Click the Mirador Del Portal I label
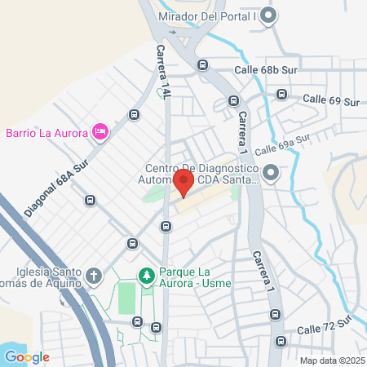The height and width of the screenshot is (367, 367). click(x=219, y=16)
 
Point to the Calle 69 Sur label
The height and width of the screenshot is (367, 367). click(x=331, y=100)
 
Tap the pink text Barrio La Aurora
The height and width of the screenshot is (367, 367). click(x=46, y=132)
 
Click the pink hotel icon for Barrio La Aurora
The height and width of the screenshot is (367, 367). click(x=100, y=131)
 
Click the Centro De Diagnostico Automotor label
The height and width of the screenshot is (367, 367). click(x=197, y=174)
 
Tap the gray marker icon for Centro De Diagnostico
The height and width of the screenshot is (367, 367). click(x=271, y=172)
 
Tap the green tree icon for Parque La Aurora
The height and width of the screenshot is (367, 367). click(x=147, y=276)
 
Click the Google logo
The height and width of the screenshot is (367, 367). click(x=27, y=356)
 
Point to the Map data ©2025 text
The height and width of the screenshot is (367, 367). click(x=332, y=360)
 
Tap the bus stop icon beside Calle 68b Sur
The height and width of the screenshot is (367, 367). click(x=202, y=65)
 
